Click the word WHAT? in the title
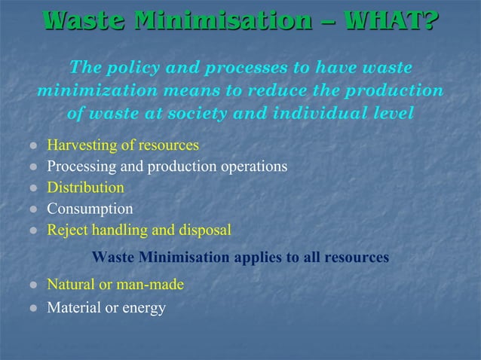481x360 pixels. click(x=390, y=20)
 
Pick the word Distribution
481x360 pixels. click(x=86, y=187)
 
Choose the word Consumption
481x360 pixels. click(x=90, y=209)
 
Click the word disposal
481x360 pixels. click(x=205, y=230)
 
